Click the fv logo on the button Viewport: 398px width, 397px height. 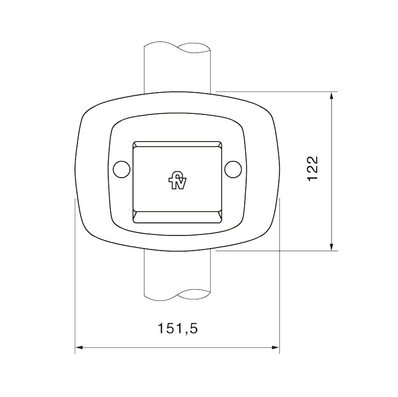coord(177,182)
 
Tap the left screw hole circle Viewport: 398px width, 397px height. coord(122,169)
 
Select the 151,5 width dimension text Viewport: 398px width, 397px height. coord(177,328)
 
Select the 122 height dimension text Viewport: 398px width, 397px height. coord(313,168)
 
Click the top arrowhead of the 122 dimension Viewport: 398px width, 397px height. coord(332,96)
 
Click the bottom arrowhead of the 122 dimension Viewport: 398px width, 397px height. coord(332,246)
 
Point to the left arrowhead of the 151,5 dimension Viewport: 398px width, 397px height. coord(80,347)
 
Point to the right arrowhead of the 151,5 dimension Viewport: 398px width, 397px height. coord(275,347)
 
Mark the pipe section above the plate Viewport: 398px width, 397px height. coord(177,70)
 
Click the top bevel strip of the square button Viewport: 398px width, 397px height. coord(177,144)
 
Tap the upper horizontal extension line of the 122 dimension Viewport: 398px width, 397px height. coord(281,91)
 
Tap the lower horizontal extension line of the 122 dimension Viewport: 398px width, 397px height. coord(281,251)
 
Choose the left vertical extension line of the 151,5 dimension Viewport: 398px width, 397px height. coord(75,280)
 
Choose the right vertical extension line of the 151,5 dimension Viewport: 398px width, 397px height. coord(279,280)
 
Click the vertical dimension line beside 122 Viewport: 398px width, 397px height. coord(332,210)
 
